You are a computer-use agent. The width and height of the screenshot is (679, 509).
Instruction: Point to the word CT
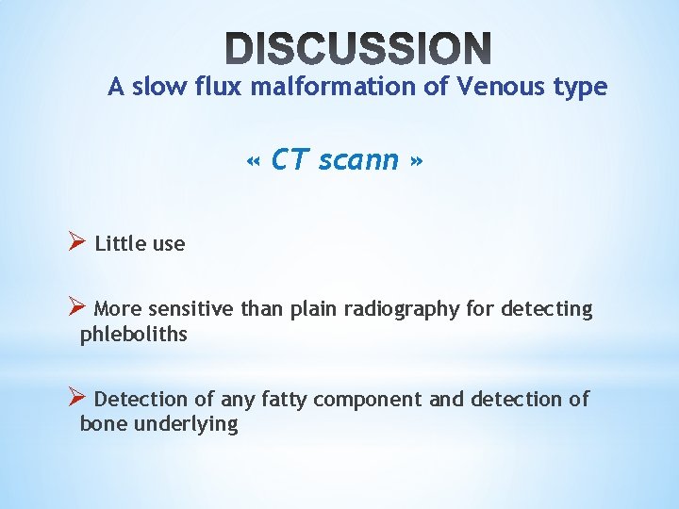point(289,160)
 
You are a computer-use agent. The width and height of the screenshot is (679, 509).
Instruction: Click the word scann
point(359,160)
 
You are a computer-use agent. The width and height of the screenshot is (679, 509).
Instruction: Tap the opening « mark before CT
point(253,161)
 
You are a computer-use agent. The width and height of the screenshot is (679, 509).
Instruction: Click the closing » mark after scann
point(416,161)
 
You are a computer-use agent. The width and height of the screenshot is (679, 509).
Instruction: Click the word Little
point(121,244)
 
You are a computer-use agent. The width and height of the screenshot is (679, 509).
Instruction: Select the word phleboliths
point(134,334)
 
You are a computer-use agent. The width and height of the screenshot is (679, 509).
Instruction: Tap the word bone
point(103,424)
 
